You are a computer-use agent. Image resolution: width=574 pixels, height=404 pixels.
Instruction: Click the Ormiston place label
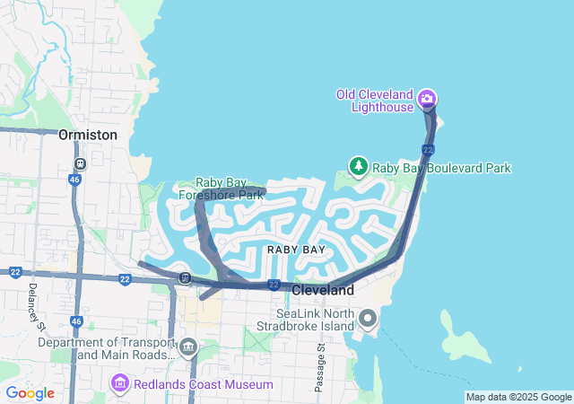[x=87, y=135]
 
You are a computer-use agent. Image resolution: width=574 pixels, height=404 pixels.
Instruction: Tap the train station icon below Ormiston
[x=80, y=163]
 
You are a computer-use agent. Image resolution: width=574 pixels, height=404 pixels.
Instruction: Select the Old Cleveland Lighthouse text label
[x=374, y=101]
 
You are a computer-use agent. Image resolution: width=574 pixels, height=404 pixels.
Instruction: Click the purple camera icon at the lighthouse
[x=427, y=98]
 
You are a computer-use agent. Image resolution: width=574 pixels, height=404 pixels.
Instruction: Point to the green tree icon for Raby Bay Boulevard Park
[x=359, y=166]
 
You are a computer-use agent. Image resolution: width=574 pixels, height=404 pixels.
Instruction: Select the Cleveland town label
[x=323, y=291]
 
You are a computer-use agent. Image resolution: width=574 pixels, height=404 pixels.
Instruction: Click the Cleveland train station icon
[x=185, y=277]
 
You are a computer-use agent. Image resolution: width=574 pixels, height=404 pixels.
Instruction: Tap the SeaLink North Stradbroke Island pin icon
[x=368, y=319]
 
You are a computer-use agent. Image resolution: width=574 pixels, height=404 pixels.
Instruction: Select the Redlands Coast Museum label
[x=204, y=385]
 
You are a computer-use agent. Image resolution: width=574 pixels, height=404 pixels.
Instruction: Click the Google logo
[x=30, y=393]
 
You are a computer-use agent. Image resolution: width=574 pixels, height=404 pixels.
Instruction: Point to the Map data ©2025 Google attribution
[x=518, y=397]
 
